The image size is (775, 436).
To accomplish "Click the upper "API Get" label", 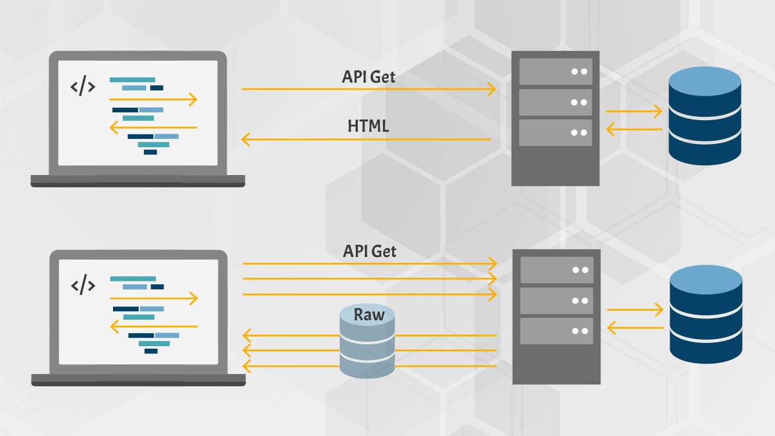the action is (369, 77).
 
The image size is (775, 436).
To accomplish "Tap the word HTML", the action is (368, 126).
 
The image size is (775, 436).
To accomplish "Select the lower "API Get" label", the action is (369, 251).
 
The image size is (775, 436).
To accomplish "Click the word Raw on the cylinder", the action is (369, 315).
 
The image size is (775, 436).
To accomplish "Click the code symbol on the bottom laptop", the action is (83, 285).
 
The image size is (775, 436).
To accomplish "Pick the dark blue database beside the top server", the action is (705, 116).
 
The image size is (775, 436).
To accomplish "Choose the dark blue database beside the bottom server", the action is (706, 314).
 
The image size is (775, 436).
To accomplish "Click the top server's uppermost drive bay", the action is (555, 72).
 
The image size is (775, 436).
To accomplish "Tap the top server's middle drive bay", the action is (555, 103).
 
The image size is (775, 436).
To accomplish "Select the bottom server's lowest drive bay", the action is (557, 331).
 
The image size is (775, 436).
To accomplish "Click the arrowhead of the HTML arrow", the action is (245, 140).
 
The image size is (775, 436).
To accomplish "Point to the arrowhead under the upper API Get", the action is (491, 89).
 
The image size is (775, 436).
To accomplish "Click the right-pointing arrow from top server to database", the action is (634, 111).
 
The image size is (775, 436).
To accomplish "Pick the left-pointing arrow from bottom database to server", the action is (635, 327).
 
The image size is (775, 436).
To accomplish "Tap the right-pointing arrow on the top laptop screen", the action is (153, 99).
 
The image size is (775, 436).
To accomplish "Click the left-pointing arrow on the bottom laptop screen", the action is (154, 326).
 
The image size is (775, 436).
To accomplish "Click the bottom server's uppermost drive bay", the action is (557, 270).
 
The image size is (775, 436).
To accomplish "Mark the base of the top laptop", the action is (138, 181).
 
